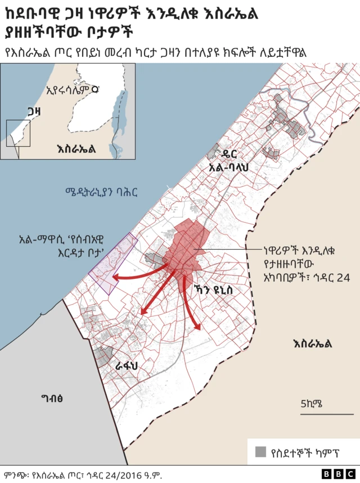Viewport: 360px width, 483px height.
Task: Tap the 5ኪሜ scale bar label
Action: pyautogui.click(x=311, y=403)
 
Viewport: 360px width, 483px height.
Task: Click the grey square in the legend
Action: pyautogui.click(x=261, y=452)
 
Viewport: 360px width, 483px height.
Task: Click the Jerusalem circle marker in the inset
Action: pyautogui.click(x=95, y=89)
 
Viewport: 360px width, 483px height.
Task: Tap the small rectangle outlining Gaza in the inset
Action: pyautogui.click(x=18, y=133)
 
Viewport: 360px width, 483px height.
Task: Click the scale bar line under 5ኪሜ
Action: pyautogui.click(x=318, y=414)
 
